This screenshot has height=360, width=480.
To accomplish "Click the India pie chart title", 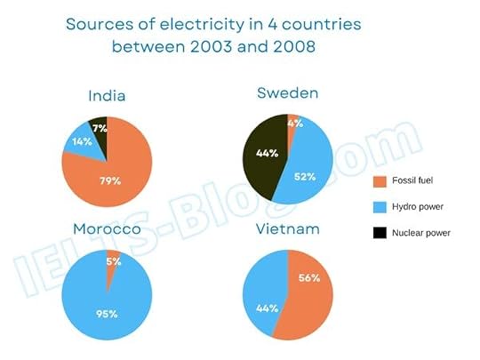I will pyautogui.click(x=106, y=96).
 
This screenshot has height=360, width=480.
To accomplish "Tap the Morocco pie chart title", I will pyautogui.click(x=106, y=230).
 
